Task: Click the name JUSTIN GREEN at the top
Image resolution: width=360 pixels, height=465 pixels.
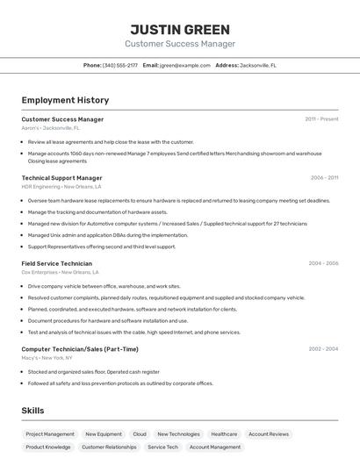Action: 180,29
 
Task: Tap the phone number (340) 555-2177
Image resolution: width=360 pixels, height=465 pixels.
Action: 120,66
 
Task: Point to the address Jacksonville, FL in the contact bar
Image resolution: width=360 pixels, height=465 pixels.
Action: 258,66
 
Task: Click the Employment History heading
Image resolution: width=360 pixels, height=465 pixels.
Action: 65,101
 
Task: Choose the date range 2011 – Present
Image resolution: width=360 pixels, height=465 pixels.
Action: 321,119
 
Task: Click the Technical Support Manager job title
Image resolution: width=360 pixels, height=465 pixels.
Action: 61,178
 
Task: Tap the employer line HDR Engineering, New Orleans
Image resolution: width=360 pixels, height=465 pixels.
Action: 61,187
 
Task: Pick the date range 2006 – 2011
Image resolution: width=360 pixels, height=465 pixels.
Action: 324,178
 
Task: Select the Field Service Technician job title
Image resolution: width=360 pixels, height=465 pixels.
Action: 56,263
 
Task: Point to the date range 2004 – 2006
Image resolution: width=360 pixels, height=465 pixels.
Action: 323,263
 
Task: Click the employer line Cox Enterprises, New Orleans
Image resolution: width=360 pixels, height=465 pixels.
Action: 59,272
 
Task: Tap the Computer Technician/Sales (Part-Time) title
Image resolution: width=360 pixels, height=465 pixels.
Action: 80,349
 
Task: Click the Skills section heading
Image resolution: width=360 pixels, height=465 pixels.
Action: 33,411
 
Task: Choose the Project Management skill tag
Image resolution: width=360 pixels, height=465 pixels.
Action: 50,434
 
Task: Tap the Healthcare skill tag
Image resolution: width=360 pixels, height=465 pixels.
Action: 224,434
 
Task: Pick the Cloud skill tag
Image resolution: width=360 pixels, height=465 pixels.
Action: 140,434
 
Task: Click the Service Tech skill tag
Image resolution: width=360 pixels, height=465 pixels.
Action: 162,447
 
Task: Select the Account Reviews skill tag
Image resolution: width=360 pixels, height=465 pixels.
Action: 268,434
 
